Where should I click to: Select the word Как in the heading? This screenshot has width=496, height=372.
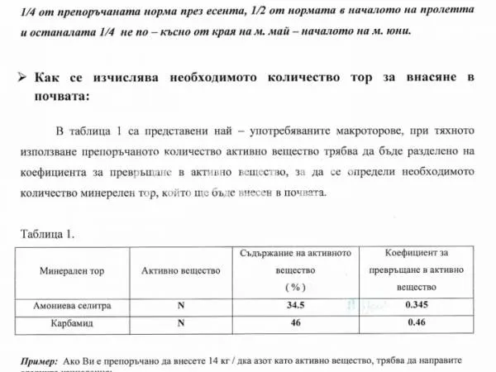click(47, 79)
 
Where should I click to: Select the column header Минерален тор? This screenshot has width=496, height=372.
click(72, 270)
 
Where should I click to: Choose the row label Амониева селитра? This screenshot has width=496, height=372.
click(73, 305)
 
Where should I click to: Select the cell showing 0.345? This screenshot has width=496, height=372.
click(417, 305)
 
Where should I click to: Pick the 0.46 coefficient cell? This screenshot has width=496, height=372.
click(417, 322)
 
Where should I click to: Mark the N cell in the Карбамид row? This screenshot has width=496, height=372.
click(181, 322)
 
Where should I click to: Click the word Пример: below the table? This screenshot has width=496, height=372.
click(39, 361)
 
